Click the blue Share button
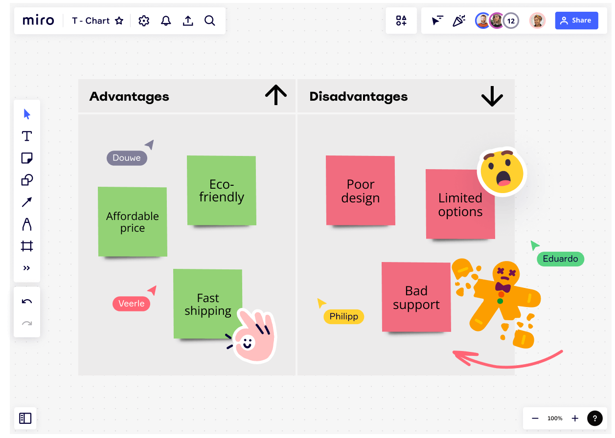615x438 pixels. pyautogui.click(x=576, y=21)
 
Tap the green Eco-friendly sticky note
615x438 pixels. pyautogui.click(x=221, y=191)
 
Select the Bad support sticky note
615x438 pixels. pyautogui.click(x=416, y=297)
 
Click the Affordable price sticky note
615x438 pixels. pyautogui.click(x=132, y=221)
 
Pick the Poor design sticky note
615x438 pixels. pyautogui.click(x=360, y=191)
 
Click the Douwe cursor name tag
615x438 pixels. pyautogui.click(x=127, y=158)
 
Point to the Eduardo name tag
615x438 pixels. pyautogui.click(x=560, y=259)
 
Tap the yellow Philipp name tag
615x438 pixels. pyautogui.click(x=343, y=317)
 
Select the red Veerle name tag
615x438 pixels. pyautogui.click(x=131, y=304)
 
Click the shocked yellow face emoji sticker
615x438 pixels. pyautogui.click(x=501, y=173)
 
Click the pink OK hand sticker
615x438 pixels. pyautogui.click(x=252, y=336)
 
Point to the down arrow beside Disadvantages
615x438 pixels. pyautogui.click(x=492, y=96)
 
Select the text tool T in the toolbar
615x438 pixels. pyautogui.click(x=27, y=136)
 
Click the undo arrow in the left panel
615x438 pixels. pyautogui.click(x=27, y=301)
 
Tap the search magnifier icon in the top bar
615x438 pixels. pyautogui.click(x=210, y=21)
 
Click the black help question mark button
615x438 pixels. pyautogui.click(x=594, y=418)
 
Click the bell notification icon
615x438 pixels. pyautogui.click(x=166, y=21)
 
